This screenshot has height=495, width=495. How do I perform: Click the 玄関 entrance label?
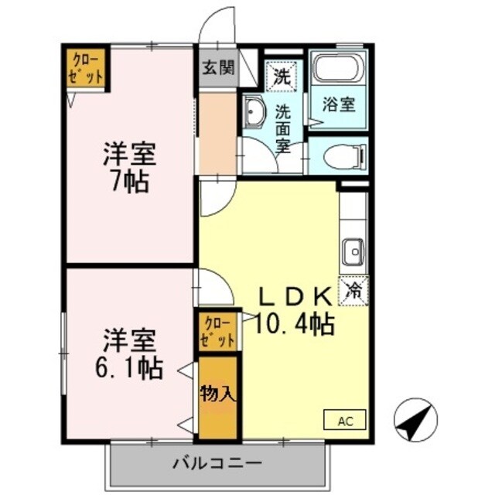pyautogui.click(x=219, y=67)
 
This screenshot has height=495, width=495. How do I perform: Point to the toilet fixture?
pyautogui.click(x=337, y=158)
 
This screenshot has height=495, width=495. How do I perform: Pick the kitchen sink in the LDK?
pyautogui.click(x=353, y=251)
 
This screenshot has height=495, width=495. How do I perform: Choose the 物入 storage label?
pyautogui.click(x=217, y=393)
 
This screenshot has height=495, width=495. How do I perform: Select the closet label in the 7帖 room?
pyautogui.click(x=85, y=67)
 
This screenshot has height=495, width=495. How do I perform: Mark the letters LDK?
pyautogui.click(x=294, y=296)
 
